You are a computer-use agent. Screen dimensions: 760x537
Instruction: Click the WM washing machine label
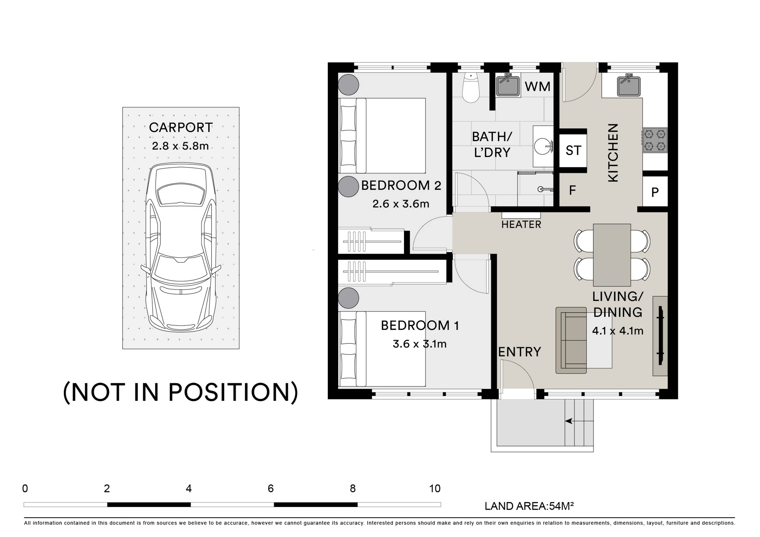coord(538,87)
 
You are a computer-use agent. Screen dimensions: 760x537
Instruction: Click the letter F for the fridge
coord(572,190)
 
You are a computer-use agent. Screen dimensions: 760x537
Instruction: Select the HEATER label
coord(521,225)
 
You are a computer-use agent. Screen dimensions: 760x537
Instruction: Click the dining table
coord(612,255)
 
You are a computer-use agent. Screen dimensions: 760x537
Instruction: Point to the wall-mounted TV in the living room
coord(661,336)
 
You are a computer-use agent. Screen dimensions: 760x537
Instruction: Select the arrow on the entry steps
coord(579,421)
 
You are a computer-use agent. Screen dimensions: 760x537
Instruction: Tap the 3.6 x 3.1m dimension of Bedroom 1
coord(420,344)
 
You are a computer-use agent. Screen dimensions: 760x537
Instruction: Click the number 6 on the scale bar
coord(271,488)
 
